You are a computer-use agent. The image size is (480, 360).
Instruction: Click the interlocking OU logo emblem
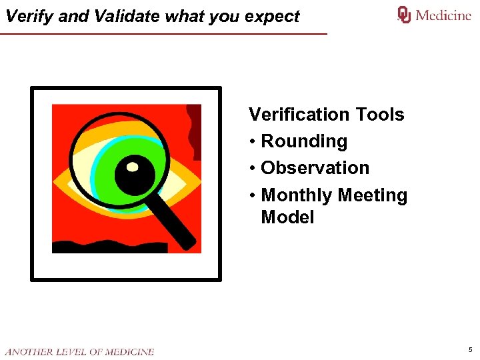tap(404, 15)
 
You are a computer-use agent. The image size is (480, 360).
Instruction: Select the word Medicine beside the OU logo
tap(443, 15)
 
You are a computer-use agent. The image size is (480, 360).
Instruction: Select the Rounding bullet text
tap(304, 141)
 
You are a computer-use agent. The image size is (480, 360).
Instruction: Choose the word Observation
tap(315, 168)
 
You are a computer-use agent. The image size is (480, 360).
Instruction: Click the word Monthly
tap(297, 195)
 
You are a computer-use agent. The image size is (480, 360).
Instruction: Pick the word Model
tap(287, 217)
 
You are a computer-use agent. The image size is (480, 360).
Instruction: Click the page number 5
tap(470, 349)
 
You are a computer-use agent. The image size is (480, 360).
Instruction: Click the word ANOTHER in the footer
tap(27, 351)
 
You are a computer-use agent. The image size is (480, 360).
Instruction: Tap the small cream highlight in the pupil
tap(133, 166)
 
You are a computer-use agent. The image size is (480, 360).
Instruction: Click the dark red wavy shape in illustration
tap(194, 130)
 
